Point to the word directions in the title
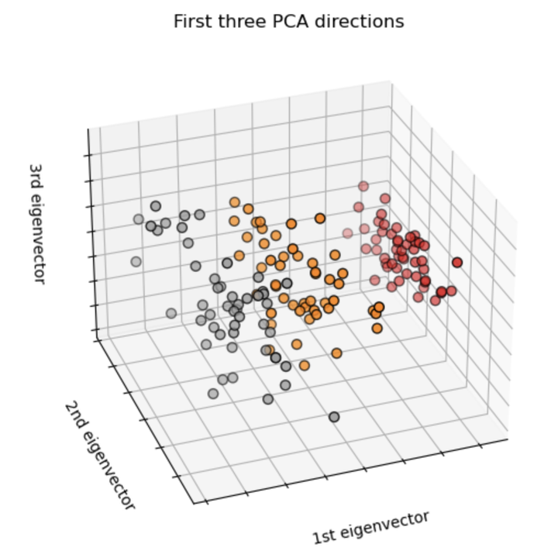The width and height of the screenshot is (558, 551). coord(357,22)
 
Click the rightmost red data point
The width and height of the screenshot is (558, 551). coord(457,263)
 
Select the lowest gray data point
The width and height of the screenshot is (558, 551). coord(334,417)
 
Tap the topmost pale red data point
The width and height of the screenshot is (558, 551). coord(363,186)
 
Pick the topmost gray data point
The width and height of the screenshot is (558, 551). coord(156,206)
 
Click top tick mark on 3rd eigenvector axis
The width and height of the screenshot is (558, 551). coord(86,156)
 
